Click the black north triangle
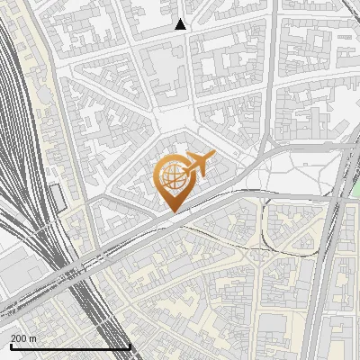point(181,24)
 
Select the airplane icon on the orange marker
point(200,165)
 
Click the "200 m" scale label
point(23,337)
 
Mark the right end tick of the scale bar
point(130,346)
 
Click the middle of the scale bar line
point(70,347)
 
